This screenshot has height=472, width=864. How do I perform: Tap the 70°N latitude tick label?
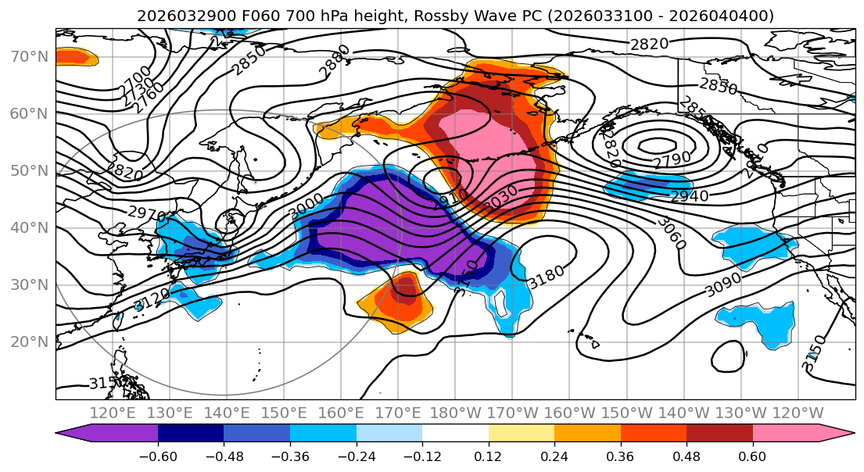point(29,56)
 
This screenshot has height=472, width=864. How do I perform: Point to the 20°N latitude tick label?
point(29,341)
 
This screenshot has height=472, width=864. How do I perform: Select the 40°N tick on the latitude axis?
point(29,227)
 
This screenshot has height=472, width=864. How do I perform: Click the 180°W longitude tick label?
point(455,413)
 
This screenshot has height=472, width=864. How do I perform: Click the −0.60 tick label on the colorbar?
point(157,456)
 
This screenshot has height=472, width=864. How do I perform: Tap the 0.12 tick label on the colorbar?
point(488,456)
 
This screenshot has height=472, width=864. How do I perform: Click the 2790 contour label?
point(672,159)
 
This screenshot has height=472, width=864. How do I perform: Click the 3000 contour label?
point(307,207)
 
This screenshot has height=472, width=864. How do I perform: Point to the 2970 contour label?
point(146,213)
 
